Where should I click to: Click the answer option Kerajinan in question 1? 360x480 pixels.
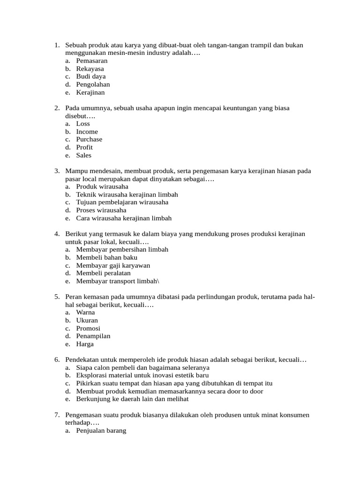pos(90,92)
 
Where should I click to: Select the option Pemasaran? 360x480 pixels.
pos(92,61)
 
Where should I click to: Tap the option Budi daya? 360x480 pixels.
pos(91,76)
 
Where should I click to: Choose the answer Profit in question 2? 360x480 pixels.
pos(84,147)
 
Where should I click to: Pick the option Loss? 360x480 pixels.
pos(83,124)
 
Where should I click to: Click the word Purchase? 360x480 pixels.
pos(89,139)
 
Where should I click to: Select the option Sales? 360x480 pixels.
pos(84,155)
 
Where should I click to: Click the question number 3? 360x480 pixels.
pos(57,171)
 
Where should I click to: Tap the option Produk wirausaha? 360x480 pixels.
pos(102,187)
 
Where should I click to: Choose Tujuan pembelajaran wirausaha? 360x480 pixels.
pos(122,202)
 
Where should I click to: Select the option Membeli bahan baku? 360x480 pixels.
pos(107,257)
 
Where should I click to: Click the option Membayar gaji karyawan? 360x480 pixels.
pos(113,265)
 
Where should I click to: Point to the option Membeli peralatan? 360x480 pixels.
pos(104,273)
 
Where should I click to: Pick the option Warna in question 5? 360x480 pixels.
pos(85,312)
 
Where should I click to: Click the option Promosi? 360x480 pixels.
pos(88,328)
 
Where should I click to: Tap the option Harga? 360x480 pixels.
pos(85,344)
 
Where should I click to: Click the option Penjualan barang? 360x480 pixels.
pos(101,430)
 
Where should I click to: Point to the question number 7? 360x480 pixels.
pos(57,415)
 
